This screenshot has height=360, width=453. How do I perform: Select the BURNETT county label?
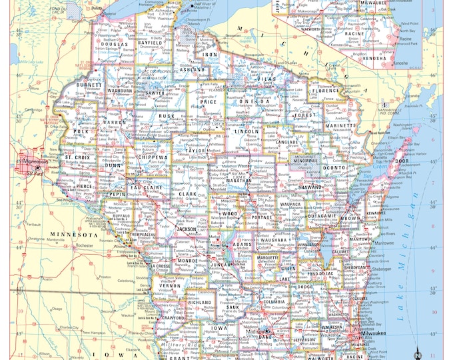(x=90, y=85)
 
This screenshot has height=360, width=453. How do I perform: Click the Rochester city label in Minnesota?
(x=84, y=245)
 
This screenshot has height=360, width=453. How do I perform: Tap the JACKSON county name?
(x=188, y=229)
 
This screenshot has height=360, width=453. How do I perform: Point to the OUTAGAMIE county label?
(x=322, y=215)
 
